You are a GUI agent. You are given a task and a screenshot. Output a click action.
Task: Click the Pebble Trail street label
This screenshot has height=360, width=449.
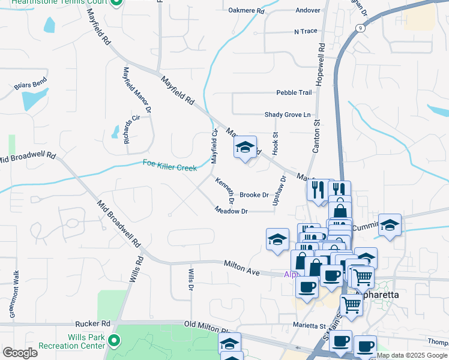coord(294,92)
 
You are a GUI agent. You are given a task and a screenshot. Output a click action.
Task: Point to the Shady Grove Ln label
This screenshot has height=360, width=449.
coord(290,115)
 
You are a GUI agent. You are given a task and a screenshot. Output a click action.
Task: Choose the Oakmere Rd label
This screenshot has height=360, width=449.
coord(246,11)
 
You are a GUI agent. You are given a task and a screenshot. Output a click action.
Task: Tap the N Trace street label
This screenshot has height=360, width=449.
coord(306,31)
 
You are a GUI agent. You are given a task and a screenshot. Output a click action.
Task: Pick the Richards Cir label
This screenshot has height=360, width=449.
coord(131,129)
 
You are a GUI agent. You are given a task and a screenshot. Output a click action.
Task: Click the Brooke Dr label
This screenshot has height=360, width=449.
coord(254,195)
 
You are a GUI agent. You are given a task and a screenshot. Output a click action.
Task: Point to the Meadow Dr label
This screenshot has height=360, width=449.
coord(232,211)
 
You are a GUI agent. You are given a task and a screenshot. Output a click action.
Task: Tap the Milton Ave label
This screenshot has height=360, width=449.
coord(242,268)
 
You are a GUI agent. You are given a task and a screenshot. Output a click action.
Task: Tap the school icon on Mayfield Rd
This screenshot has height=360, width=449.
coord(245,147)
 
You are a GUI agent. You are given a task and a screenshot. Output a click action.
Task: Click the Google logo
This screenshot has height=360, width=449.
coord(20,353)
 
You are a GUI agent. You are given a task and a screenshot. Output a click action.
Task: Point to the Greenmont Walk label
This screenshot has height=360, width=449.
coord(16,295)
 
